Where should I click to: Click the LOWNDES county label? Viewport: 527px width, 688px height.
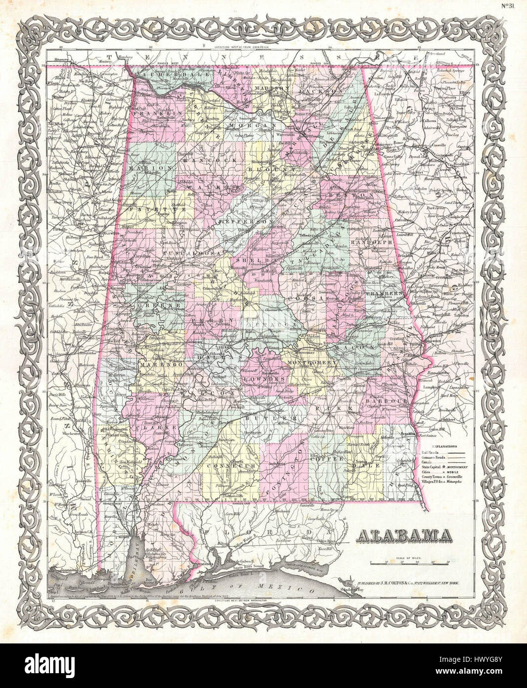262,379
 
